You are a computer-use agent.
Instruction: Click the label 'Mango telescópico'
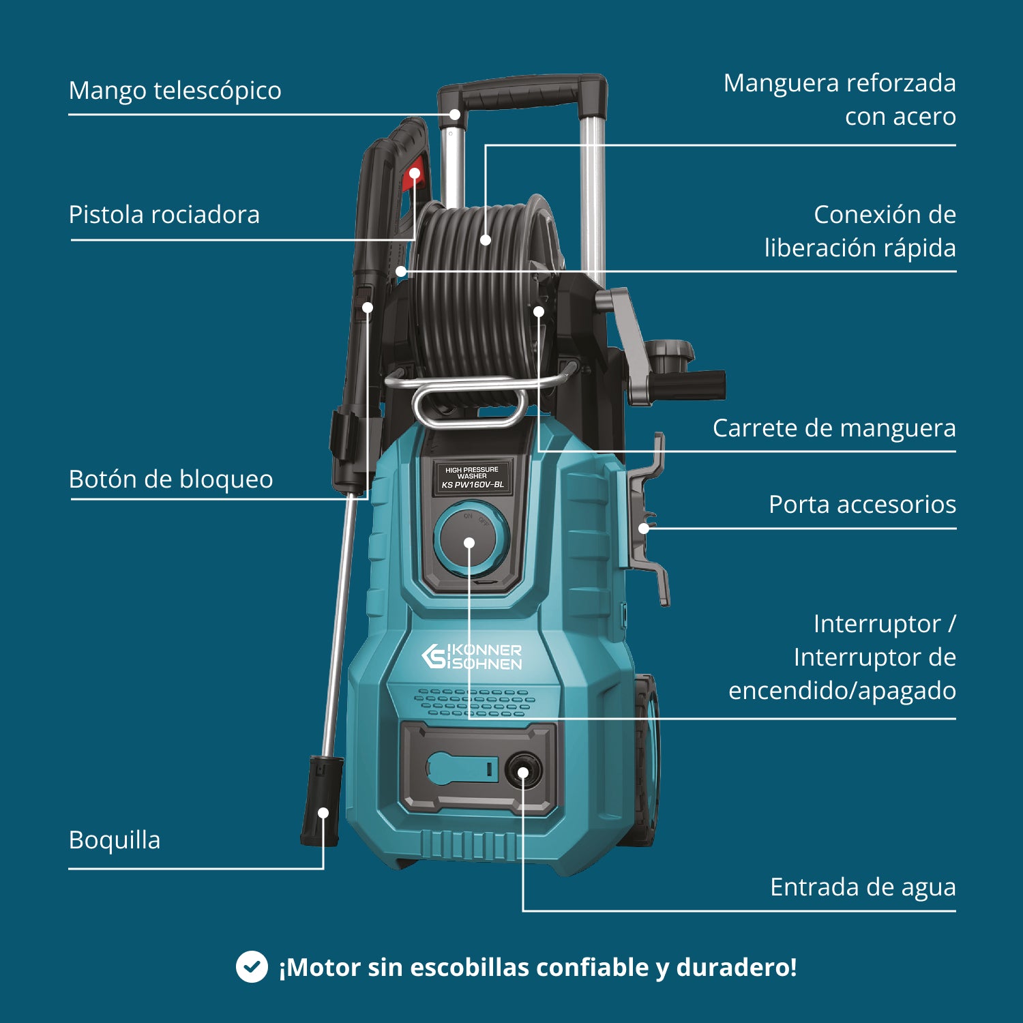[175, 91]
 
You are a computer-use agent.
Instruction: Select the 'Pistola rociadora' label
[164, 215]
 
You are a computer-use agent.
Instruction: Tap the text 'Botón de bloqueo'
[170, 479]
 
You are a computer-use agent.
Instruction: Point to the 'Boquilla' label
[115, 840]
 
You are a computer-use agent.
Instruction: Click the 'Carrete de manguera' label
[833, 428]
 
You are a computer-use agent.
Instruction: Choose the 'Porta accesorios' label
[862, 505]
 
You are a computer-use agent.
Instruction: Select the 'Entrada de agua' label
[863, 887]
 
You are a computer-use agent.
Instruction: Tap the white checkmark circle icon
[252, 967]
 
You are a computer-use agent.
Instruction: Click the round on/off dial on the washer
[469, 541]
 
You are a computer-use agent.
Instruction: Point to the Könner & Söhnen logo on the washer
[471, 657]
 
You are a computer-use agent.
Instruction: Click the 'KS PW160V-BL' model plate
[473, 477]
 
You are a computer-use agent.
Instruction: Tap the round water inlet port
[523, 771]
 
